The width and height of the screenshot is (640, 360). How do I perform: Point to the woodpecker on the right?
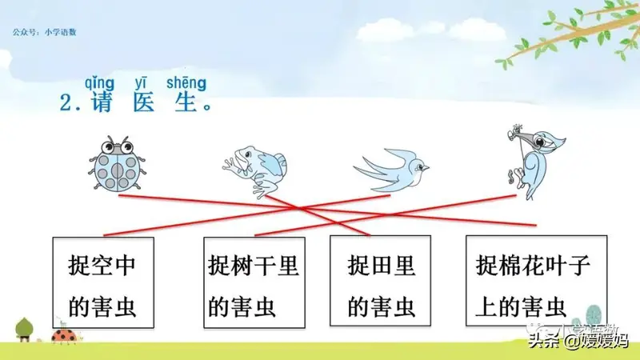(534, 162)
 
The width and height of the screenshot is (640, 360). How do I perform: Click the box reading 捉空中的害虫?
(103, 282)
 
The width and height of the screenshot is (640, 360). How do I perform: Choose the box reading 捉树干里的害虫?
(254, 282)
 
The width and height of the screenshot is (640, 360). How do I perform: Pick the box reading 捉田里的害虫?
(381, 281)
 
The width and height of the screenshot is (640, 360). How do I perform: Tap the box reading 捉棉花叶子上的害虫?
(536, 281)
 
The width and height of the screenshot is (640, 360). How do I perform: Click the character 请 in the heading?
(102, 102)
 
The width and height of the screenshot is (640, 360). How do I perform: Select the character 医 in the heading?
(144, 102)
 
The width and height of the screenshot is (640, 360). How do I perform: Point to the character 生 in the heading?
(186, 102)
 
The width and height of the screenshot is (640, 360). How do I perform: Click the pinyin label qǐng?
(99, 83)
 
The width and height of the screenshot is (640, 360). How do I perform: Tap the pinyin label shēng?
(186, 83)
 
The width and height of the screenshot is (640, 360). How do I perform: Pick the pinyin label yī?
(141, 83)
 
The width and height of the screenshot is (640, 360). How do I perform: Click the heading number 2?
(66, 102)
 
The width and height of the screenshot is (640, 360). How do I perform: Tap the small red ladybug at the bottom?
(64, 336)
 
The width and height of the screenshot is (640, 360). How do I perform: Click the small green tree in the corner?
(24, 329)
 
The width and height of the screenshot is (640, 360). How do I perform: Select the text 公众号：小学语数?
(45, 32)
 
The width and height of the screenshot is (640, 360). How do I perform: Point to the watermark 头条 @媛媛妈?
(579, 340)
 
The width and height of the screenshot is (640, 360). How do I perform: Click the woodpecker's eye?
(539, 142)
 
